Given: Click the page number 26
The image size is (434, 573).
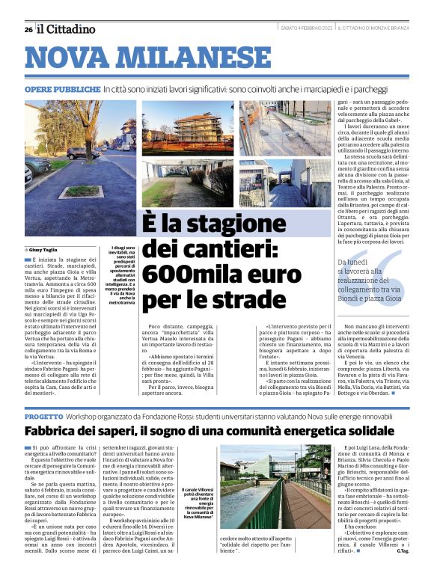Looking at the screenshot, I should (28, 29).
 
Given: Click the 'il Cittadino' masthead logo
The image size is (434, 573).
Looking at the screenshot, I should (68, 29).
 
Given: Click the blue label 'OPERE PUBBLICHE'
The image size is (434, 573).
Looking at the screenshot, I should (62, 89).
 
